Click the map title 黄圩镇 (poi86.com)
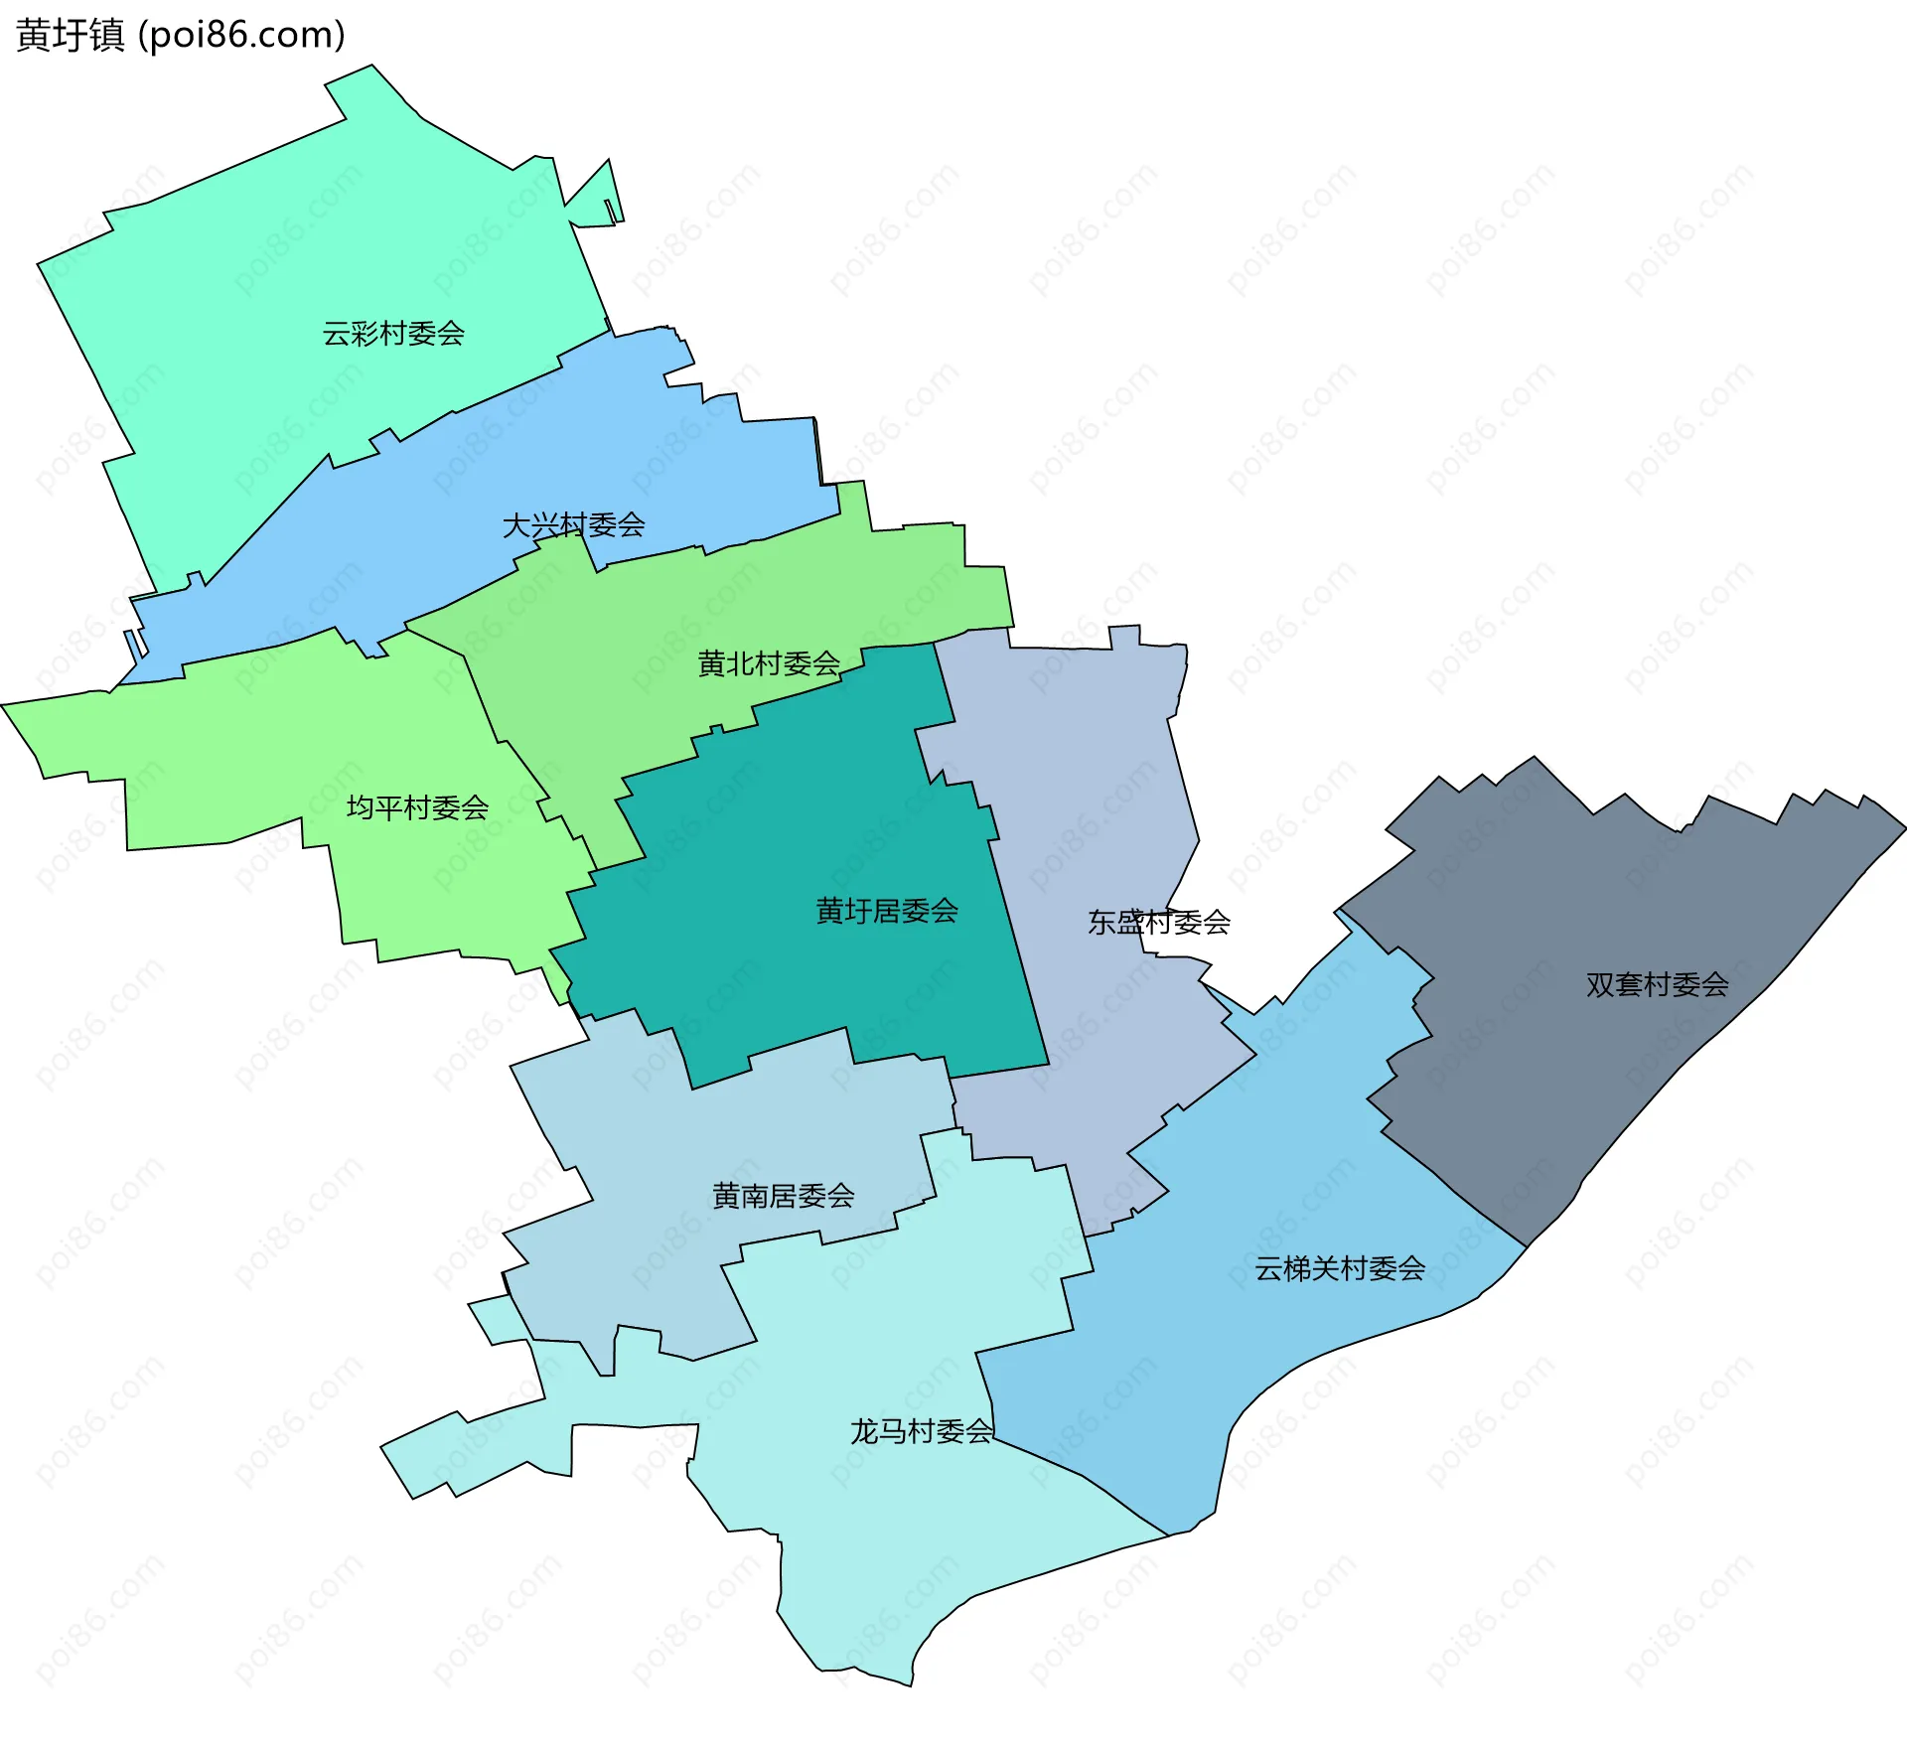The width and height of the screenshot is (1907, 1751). (181, 36)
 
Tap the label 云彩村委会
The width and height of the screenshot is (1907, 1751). (393, 334)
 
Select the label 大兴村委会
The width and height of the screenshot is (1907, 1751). (573, 524)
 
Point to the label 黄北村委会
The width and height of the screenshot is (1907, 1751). (769, 663)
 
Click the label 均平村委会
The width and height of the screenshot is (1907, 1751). (417, 807)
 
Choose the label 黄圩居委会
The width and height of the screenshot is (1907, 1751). (886, 911)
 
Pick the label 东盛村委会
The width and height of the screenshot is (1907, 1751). (1158, 923)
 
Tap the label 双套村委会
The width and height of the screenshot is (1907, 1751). (1657, 984)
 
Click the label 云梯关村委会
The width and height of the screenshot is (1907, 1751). (1340, 1268)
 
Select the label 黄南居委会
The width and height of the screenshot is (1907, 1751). (783, 1196)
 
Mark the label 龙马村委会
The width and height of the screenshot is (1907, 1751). (921, 1431)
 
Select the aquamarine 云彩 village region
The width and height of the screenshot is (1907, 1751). (298, 248)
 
